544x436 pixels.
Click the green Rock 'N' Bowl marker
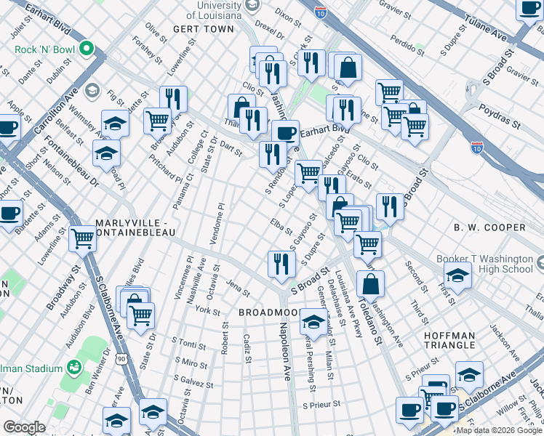pos(87,49)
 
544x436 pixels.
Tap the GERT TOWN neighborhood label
pos(204,29)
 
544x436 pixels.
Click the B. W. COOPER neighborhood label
pos(489,227)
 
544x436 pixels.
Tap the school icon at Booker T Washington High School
pos(457,275)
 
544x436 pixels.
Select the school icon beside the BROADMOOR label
pos(313,320)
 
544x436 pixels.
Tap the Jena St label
pos(238,288)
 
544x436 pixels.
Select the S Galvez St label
pos(192,384)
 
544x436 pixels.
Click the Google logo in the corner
pos(24,427)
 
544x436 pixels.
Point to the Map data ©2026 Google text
pos(498,430)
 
